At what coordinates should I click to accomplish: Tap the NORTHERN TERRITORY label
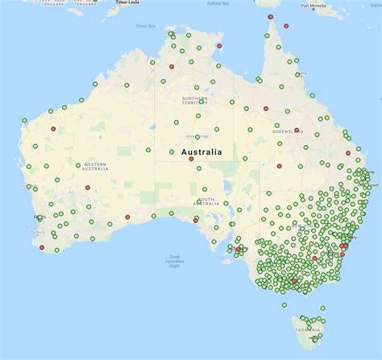pos(194,100)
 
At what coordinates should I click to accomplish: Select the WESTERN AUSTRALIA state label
pos(94,166)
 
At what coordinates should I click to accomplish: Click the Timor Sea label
pos(144,26)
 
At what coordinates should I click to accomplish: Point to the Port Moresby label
pos(314,6)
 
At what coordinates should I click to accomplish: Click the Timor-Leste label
pos(128,2)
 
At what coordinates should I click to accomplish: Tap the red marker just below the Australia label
pos(191,159)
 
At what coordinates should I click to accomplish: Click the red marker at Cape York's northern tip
pos(270,17)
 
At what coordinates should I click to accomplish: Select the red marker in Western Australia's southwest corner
pos(42,247)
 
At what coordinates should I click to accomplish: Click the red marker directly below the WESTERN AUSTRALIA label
pos(87,188)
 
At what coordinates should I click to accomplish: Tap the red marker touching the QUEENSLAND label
pos(297,130)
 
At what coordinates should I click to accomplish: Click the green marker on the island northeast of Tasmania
pos(322,308)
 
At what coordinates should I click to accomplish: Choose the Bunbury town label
pos(36,232)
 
